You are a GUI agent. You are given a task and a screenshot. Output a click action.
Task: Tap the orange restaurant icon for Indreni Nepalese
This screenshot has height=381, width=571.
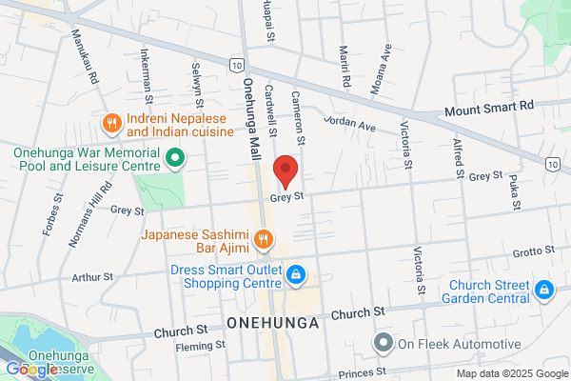point(111,122)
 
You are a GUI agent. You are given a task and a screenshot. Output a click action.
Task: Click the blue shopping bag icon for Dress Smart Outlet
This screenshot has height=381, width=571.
point(296,274)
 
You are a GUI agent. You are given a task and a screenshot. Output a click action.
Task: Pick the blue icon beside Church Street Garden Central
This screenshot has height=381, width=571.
point(544,288)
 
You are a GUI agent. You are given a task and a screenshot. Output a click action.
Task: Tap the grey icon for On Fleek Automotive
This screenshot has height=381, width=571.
point(384,343)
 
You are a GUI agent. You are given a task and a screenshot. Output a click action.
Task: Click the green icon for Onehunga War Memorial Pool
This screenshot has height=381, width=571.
point(174,157)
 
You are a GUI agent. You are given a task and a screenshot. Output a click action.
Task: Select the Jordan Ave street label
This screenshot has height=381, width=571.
point(350,123)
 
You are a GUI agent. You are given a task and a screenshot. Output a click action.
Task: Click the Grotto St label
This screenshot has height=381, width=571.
point(532,252)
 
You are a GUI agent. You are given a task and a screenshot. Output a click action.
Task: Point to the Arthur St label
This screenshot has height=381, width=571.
point(92,277)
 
